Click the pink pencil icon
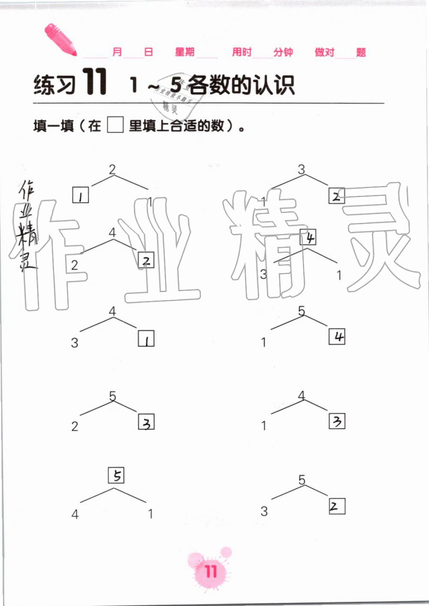pos(60,40)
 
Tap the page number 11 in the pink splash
pos(211,572)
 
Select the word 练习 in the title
pos(54,85)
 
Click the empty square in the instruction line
pos(115,125)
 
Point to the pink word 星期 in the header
pos(184,52)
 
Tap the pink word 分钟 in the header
pos(283,52)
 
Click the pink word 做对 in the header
pos(324,52)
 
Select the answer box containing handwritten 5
pos(116,475)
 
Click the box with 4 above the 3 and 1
pos(308,237)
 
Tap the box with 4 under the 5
pos(337,336)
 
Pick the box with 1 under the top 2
pos(81,195)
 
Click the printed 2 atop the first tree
pos(112,169)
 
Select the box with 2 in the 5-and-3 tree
pos(337,506)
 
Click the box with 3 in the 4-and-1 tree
pos(337,421)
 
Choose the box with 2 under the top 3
pos(336,196)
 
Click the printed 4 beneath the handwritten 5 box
pos(75,514)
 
